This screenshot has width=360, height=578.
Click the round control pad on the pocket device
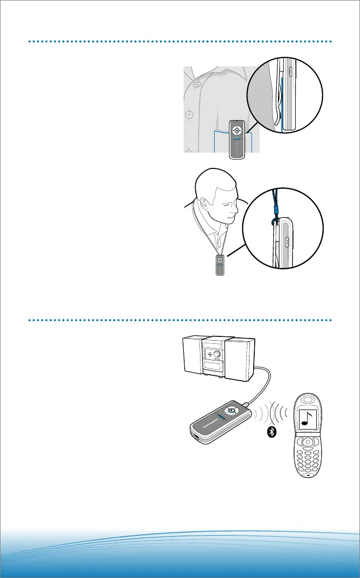237,129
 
